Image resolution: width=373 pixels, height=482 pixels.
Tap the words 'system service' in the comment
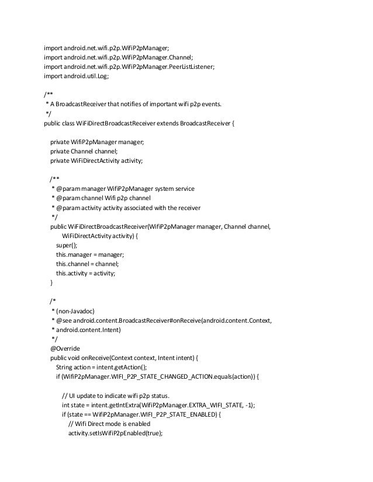174,188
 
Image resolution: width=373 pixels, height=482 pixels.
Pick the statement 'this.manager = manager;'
90,254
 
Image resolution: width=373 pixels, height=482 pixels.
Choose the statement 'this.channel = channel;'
89,264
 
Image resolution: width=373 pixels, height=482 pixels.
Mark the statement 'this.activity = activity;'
85,273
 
